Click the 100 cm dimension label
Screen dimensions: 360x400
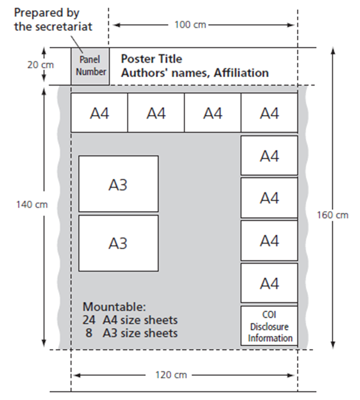tap(190, 25)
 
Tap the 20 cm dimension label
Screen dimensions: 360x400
tap(41, 65)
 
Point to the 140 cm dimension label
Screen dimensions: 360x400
tap(32, 204)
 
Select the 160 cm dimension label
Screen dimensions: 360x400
tap(333, 215)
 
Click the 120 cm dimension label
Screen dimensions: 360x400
tap(171, 375)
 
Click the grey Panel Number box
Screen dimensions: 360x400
tap(90, 66)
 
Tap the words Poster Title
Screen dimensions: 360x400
tap(152, 59)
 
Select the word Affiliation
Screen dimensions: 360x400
tap(241, 73)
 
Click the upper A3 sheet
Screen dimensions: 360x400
tap(118, 184)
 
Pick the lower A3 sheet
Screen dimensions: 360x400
tap(118, 243)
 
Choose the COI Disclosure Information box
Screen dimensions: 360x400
tap(269, 326)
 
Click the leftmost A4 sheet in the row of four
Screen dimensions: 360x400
tap(99, 113)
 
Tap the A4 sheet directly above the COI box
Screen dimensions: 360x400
tap(269, 283)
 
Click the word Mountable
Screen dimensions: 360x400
tap(114, 307)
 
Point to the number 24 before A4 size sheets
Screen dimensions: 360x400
tap(89, 320)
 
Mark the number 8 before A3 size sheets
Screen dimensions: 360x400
tap(89, 333)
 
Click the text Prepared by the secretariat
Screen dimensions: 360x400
tap(53, 20)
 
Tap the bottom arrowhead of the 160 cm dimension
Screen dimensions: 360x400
tap(333, 344)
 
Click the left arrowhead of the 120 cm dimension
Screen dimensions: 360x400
tap(77, 375)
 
